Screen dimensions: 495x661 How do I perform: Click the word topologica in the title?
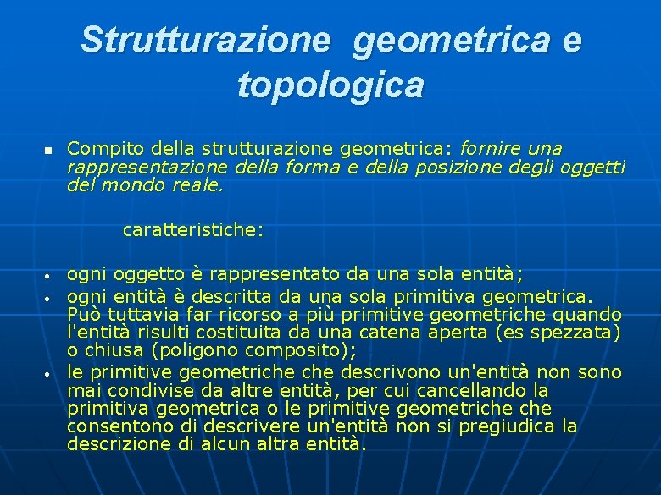(330, 85)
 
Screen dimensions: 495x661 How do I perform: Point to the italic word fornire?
(488, 149)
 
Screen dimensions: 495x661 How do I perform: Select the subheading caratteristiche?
(193, 229)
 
